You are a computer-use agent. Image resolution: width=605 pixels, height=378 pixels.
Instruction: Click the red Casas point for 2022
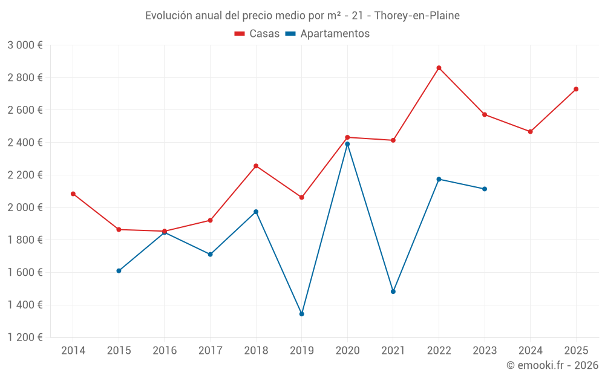439,68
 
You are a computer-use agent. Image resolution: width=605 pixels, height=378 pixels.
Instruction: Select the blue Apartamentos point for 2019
301,314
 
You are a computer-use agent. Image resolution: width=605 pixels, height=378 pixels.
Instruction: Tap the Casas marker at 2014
73,194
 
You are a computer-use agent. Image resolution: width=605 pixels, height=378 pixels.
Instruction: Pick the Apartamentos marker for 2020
347,144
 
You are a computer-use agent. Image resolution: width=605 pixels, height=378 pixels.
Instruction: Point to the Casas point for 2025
576,89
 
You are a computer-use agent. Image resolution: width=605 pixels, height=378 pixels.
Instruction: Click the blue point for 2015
119,271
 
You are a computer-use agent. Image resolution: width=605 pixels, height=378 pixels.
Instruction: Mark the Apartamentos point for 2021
393,292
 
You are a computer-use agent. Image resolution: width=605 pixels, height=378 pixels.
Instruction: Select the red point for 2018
256,166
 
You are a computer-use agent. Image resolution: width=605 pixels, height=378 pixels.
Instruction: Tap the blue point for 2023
485,189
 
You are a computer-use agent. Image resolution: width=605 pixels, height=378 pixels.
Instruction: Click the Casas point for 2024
531,132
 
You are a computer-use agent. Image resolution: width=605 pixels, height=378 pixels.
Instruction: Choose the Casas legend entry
257,34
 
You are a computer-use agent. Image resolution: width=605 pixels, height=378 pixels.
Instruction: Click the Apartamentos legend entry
327,34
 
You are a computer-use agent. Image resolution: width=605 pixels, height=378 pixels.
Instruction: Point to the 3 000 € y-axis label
25,45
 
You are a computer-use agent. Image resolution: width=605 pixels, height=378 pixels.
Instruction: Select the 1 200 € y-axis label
25,337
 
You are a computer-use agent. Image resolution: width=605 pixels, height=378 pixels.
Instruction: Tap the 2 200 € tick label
25,175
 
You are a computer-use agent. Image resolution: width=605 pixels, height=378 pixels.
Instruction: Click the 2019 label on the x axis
301,351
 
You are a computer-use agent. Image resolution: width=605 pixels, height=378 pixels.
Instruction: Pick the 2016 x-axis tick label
165,351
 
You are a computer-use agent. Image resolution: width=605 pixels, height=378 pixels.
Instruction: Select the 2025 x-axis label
576,351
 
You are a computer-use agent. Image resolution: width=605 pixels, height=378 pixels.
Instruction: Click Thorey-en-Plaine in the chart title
417,16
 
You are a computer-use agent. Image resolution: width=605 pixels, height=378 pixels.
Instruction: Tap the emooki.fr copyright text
552,365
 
